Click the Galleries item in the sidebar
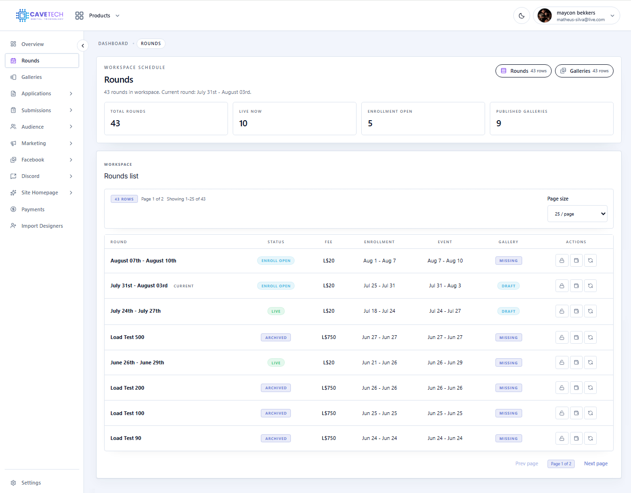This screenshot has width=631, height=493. point(31,77)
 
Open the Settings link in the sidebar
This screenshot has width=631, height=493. point(31,483)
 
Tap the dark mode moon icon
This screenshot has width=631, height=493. point(522,15)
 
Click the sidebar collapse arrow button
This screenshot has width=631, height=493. point(83,46)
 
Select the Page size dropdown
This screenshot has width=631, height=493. point(577,214)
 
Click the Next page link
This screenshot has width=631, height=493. point(595,463)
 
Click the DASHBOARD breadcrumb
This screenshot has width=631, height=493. point(113,44)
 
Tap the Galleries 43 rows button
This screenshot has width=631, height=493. point(584,71)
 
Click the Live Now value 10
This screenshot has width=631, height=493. point(243,123)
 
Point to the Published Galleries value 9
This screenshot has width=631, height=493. point(499,123)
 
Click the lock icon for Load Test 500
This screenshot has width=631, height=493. point(562,337)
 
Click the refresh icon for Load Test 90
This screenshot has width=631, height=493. point(590,439)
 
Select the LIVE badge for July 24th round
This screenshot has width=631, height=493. point(276,311)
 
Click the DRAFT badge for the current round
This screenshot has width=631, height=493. point(508,286)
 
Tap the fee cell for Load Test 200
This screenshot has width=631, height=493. point(328,388)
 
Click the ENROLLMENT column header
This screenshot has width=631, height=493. point(379,242)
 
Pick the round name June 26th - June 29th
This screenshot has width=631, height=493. point(137,362)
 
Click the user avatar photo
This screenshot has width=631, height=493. point(544,15)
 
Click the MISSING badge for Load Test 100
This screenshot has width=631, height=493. point(508,413)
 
